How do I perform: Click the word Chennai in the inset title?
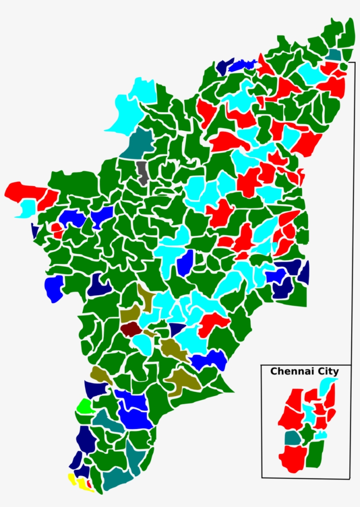(288, 371)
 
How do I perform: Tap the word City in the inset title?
(328, 371)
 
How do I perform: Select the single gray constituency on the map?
(142, 172)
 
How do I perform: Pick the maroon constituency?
(130, 328)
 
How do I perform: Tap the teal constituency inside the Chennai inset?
(292, 438)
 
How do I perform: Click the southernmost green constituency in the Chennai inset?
(315, 454)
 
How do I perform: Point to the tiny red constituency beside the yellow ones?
(89, 484)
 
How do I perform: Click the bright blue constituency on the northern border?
(242, 65)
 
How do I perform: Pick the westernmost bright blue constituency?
(54, 288)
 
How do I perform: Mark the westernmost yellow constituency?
(71, 478)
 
